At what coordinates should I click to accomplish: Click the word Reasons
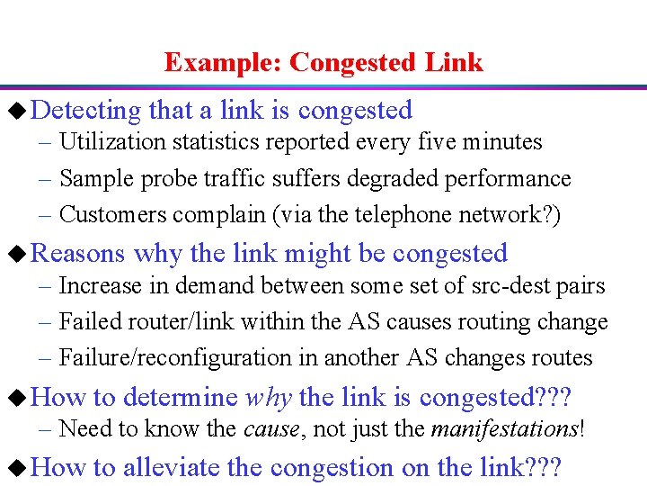point(77,254)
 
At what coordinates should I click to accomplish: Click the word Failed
point(84,322)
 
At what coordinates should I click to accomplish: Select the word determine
point(180,398)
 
